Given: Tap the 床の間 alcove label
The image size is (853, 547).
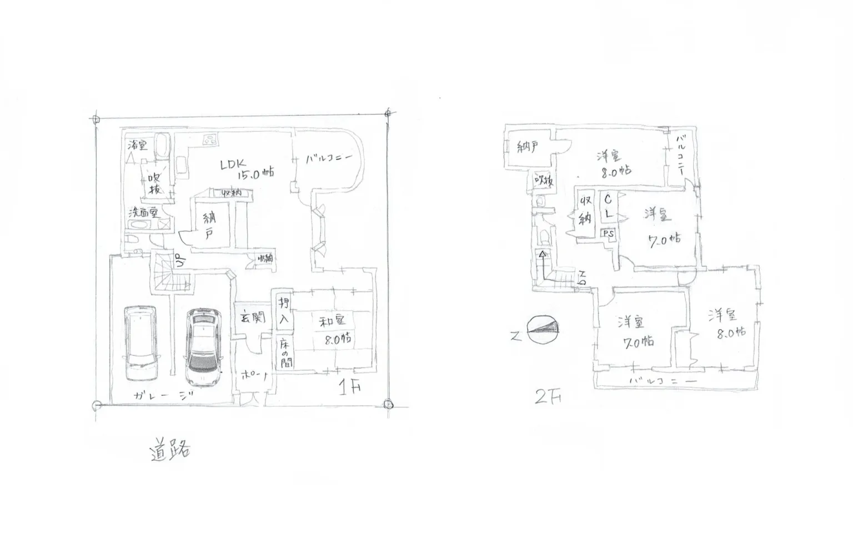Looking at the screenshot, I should (284, 352).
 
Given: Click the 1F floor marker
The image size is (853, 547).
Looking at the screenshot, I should (349, 386).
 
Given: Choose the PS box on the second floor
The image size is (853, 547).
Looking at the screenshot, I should (609, 234).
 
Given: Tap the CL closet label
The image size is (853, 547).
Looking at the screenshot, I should (608, 206).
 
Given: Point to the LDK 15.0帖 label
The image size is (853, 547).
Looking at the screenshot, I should (247, 168).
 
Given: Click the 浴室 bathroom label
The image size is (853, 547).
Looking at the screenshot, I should (137, 146).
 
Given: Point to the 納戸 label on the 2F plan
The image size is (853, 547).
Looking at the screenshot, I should (528, 147).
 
